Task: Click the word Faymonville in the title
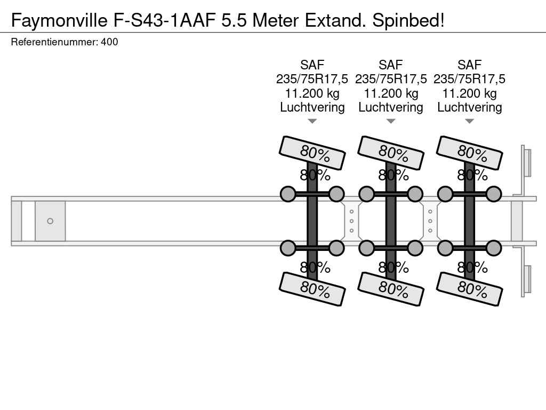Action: point(59,21)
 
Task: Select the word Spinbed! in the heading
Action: point(408,21)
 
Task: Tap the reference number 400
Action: point(109,42)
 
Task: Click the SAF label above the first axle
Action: point(312,65)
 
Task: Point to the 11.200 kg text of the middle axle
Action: point(391,93)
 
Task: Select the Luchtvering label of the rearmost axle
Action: point(469,107)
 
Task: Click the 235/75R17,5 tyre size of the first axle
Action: point(312,79)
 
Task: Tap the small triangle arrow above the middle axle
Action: point(391,121)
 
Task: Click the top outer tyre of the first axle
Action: point(312,153)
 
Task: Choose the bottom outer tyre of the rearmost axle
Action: point(469,289)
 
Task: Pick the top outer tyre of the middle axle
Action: point(391,153)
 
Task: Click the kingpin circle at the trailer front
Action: point(50,221)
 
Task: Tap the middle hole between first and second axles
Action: point(352,221)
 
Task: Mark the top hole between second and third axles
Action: point(430,211)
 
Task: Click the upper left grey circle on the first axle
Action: point(288,194)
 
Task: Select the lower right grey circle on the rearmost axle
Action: point(494,248)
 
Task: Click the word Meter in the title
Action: point(276,21)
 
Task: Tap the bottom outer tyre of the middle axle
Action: point(391,289)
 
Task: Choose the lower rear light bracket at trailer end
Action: point(526,281)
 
